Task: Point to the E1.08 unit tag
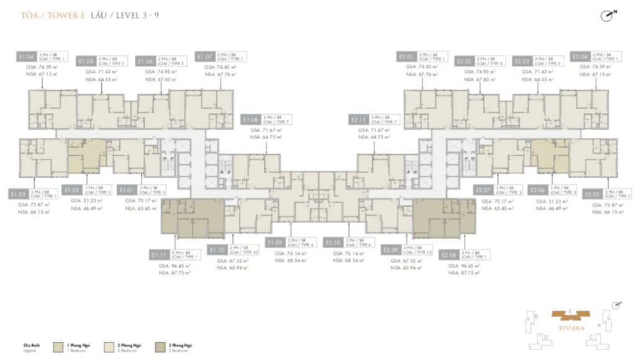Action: (252, 119)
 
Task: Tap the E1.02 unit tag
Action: (73, 190)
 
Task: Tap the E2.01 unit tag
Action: (407, 56)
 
